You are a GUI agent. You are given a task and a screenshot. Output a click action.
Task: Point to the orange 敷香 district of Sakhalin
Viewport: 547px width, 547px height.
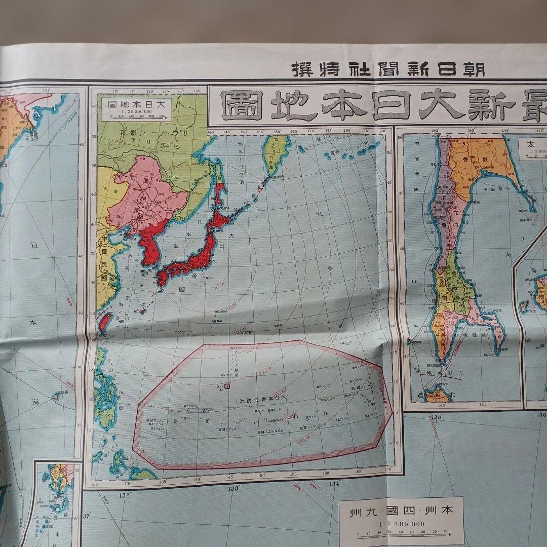(471, 162)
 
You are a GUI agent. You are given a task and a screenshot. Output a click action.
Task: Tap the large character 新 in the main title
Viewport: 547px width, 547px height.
(490, 105)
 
